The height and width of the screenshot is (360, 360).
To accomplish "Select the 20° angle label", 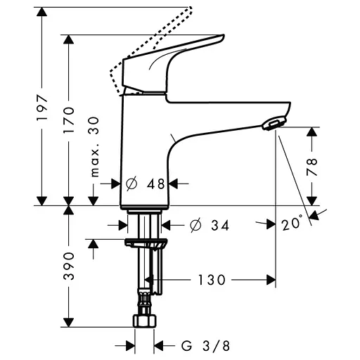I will click(x=293, y=224).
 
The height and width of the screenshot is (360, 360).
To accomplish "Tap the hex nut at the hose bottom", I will click(x=145, y=321).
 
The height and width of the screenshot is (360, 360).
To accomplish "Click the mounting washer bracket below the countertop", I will click(x=147, y=244).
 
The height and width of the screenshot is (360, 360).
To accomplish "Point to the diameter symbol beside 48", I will click(x=130, y=184).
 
